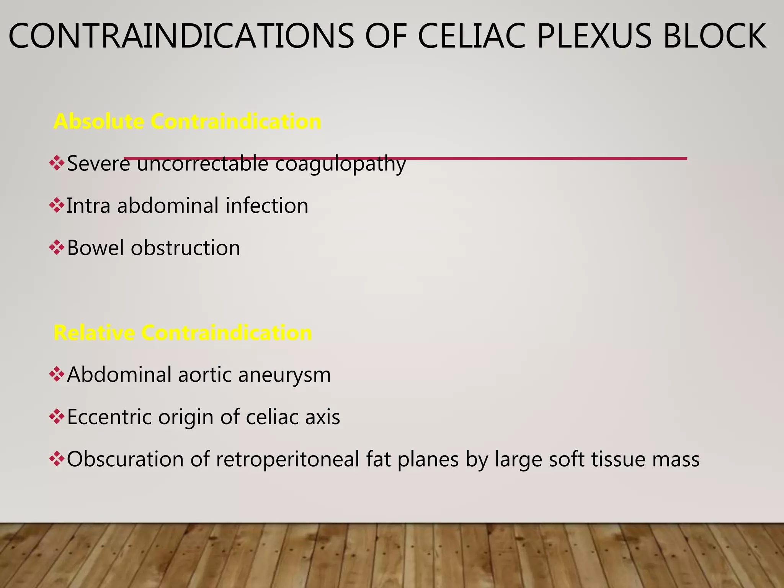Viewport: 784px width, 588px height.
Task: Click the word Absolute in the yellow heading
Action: click(x=99, y=121)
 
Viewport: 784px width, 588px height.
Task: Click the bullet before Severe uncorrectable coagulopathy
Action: click(x=57, y=163)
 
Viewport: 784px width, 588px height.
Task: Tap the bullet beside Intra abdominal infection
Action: click(x=57, y=205)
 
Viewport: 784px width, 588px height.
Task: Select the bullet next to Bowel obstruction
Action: click(x=57, y=247)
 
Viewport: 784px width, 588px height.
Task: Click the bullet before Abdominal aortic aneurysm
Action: click(x=57, y=374)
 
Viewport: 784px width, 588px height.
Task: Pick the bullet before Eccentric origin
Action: click(x=57, y=416)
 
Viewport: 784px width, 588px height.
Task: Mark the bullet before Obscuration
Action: click(x=57, y=459)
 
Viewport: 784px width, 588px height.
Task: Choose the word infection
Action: click(x=267, y=206)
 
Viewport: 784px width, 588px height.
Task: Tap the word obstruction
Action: click(x=186, y=248)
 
